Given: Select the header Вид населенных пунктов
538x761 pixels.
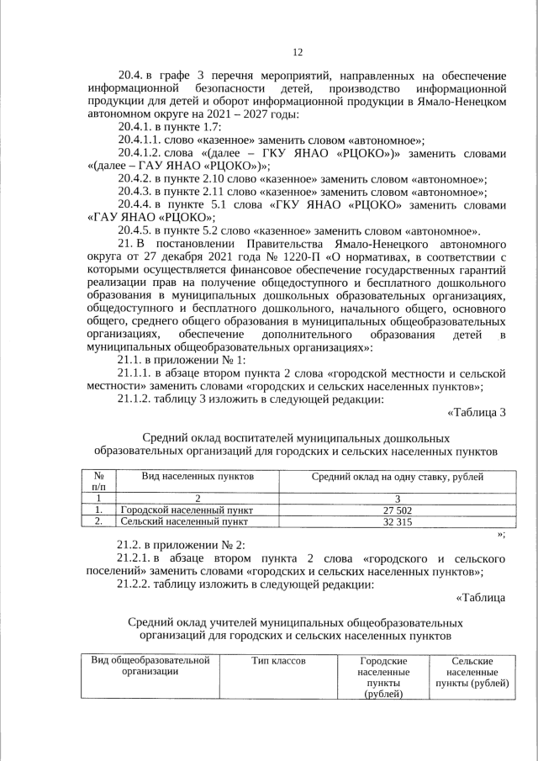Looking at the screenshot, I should click(198, 477).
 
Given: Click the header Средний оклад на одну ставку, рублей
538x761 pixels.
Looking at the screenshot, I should click(397, 477).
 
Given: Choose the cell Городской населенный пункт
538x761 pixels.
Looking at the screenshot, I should click(187, 510).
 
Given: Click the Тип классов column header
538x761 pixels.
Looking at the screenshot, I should click(277, 662).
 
